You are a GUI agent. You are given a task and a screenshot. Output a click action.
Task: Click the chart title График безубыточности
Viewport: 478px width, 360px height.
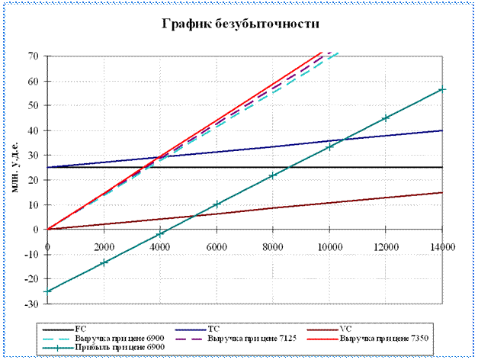click(x=239, y=24)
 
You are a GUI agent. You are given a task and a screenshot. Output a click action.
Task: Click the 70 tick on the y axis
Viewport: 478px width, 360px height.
click(x=34, y=56)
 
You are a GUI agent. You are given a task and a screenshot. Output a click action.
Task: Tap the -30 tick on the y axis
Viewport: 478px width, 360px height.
click(x=33, y=304)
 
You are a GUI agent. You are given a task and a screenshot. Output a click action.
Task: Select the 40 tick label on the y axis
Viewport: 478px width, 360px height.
click(x=34, y=130)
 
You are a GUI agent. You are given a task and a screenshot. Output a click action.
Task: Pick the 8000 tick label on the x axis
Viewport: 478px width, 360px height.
click(x=273, y=246)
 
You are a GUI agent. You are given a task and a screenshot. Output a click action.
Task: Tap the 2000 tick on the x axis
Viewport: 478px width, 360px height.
click(x=104, y=246)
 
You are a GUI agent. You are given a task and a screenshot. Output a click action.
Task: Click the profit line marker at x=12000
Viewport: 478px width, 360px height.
click(x=386, y=117)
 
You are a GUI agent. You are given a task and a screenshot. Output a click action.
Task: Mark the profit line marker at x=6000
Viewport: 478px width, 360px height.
click(x=217, y=204)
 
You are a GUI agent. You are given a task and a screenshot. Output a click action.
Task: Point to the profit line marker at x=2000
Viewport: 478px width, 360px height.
click(x=104, y=262)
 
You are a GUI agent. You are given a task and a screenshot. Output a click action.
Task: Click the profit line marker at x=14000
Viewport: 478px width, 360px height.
click(x=442, y=89)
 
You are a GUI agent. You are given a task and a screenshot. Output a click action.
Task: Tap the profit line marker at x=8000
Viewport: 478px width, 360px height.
click(x=273, y=175)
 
